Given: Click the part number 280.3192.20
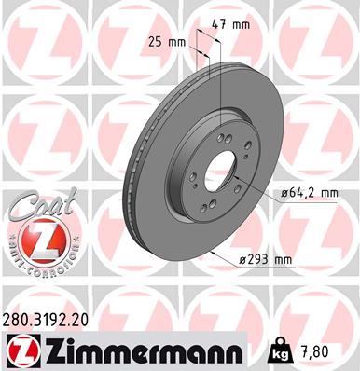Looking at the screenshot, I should point(48,318).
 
